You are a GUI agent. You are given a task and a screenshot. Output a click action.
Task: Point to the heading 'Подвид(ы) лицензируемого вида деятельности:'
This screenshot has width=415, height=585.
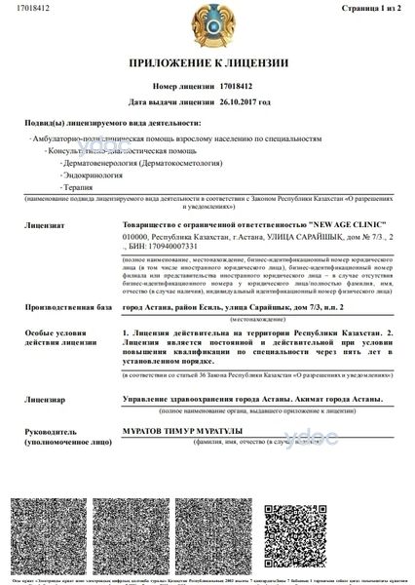click(x=108, y=124)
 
